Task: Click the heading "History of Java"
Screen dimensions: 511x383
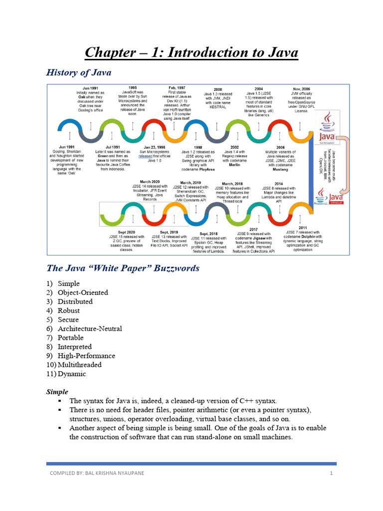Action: coord(79,73)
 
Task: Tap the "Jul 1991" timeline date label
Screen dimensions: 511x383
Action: coord(113,147)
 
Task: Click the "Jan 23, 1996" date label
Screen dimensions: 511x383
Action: coord(154,147)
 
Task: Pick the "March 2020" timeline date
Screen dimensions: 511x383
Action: coord(150,182)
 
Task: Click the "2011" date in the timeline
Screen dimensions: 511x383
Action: coord(303,228)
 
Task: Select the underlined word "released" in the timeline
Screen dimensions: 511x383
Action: coord(146,156)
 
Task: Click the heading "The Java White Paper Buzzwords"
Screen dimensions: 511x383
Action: coord(123,268)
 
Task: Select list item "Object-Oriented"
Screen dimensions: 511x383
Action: coord(83,292)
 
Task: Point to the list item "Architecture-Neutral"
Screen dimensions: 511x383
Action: coord(90,329)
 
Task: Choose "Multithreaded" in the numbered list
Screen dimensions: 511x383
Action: coord(80,365)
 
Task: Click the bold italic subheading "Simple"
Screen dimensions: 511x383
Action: coord(57,392)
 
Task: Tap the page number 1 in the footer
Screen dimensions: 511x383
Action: coord(331,473)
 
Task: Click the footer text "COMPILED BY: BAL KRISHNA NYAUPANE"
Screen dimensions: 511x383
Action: coord(95,473)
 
